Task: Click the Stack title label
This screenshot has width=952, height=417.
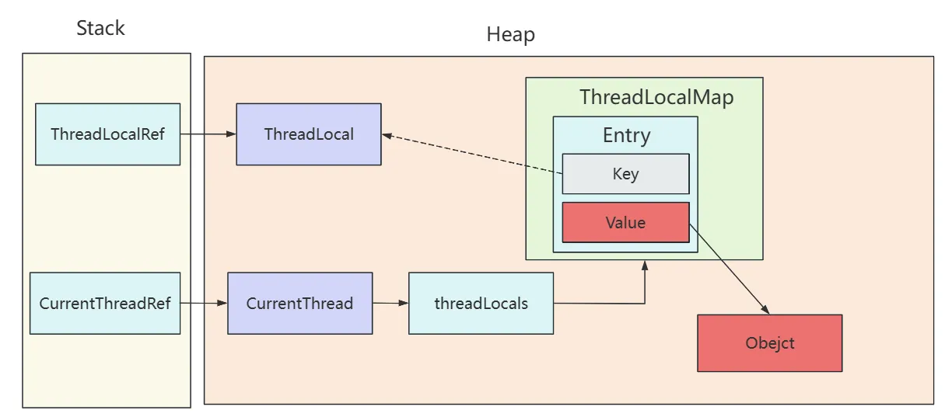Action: coord(100,29)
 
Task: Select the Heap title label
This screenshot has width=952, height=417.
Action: coord(510,35)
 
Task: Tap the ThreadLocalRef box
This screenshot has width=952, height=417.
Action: coord(107,134)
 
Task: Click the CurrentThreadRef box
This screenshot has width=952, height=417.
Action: coord(105,303)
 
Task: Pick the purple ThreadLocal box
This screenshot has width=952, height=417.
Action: coord(309,134)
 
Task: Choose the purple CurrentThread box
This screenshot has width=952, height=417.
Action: coord(299,303)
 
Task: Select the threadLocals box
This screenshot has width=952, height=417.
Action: coord(481,303)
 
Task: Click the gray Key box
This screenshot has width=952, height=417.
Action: coord(625,174)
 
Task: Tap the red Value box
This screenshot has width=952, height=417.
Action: coord(625,223)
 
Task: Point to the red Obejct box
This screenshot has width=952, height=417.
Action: coord(769,343)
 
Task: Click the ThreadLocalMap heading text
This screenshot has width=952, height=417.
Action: coord(656,98)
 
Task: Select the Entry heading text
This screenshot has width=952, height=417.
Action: coord(626,136)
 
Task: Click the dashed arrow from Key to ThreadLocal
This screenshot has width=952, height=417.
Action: coord(474,154)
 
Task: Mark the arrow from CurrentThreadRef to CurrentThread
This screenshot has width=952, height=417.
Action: coord(204,303)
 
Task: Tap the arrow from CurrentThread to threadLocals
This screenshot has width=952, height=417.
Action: coord(390,303)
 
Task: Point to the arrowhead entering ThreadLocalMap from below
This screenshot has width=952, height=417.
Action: coord(644,266)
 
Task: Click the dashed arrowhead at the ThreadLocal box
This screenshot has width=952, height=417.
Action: coord(387,135)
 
